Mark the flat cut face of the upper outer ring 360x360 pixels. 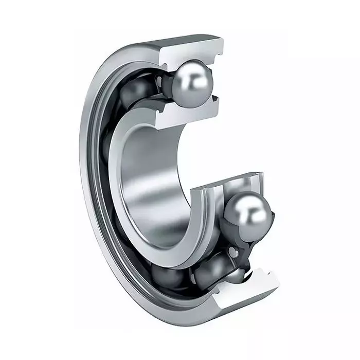click(190, 49)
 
